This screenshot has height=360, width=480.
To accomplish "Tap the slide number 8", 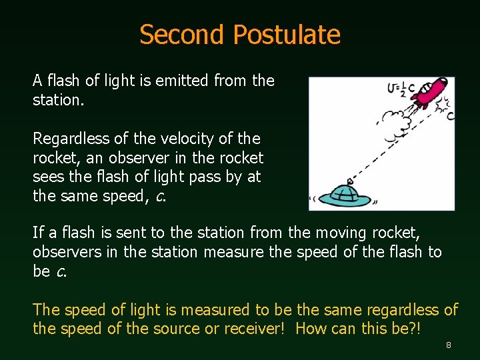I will [449, 345].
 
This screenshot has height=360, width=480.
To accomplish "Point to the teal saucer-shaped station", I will [345, 195].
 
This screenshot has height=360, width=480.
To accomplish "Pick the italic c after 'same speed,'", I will [160, 196].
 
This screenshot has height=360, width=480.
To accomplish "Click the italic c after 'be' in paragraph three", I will [60, 271].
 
